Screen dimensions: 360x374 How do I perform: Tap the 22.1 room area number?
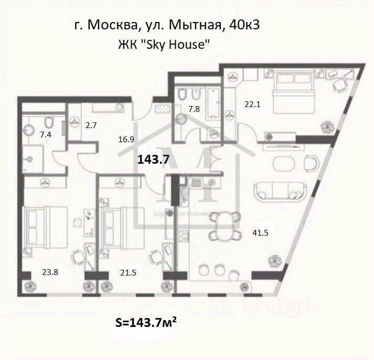click(x=252, y=104)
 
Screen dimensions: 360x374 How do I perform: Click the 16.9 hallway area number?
click(x=125, y=140)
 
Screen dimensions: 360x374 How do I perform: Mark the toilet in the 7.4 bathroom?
click(x=49, y=123)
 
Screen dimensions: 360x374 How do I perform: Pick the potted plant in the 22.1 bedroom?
click(x=328, y=125)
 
